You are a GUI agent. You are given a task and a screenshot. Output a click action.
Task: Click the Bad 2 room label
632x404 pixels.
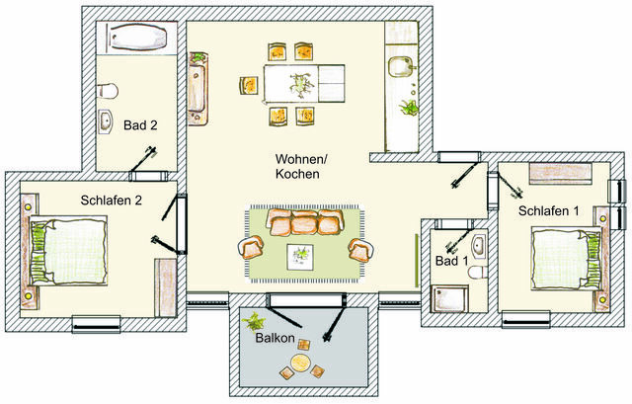pyautogui.click(x=139, y=125)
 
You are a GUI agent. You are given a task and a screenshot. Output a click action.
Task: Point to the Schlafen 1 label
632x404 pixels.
pyautogui.click(x=549, y=210)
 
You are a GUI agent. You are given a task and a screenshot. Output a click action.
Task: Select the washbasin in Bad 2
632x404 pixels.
pyautogui.click(x=107, y=122)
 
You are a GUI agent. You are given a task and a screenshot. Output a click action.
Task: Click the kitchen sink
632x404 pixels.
pyautogui.click(x=401, y=69)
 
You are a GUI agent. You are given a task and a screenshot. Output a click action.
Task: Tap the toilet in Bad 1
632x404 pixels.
pyautogui.click(x=475, y=272)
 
